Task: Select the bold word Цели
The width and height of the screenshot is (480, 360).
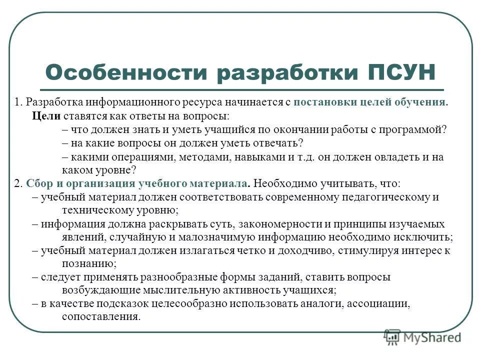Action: (45, 116)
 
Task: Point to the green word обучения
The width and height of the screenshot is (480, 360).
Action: (422, 102)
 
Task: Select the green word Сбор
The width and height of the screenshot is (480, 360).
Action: (37, 183)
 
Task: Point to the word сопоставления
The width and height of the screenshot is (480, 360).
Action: (100, 317)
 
